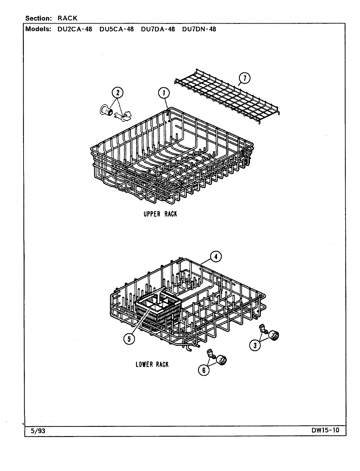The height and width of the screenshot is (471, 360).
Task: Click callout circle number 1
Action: (x=164, y=94)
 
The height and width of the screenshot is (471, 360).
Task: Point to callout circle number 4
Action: (x=216, y=257)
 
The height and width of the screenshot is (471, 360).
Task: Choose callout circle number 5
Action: (x=129, y=340)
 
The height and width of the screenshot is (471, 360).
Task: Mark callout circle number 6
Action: (x=204, y=370)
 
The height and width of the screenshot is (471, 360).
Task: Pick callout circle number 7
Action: (x=244, y=78)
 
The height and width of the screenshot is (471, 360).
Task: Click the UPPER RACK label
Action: (x=160, y=214)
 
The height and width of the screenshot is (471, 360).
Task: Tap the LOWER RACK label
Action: (x=152, y=364)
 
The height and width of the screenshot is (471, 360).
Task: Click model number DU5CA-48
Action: (x=117, y=29)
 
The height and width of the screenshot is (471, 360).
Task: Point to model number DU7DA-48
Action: (x=158, y=29)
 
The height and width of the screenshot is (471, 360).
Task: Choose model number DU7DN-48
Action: (x=199, y=29)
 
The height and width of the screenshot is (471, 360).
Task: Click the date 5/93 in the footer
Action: (x=38, y=431)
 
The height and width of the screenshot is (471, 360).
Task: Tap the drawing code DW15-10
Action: (x=326, y=430)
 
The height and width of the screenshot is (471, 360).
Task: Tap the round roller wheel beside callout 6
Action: (x=222, y=360)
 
